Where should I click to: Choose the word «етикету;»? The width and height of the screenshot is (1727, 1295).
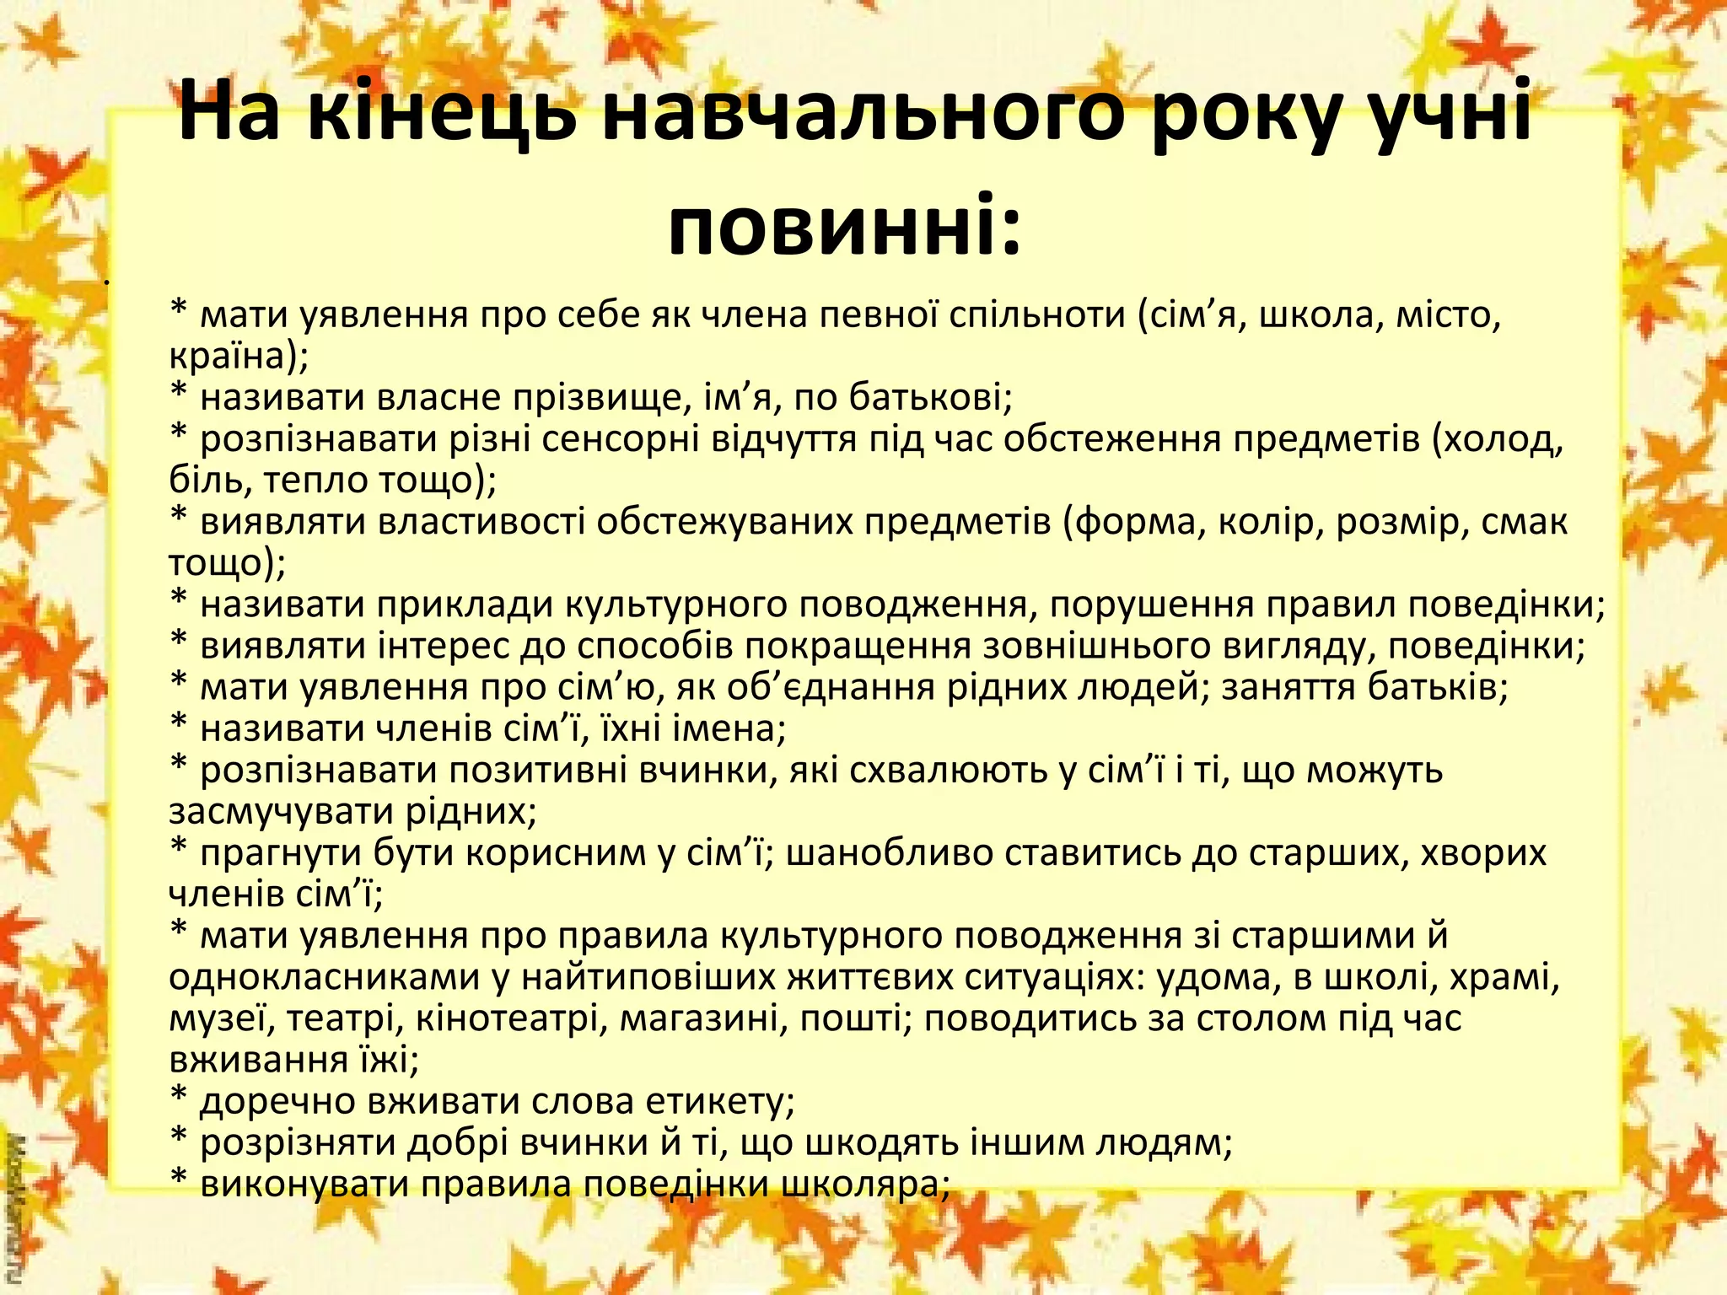coord(720,1102)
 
